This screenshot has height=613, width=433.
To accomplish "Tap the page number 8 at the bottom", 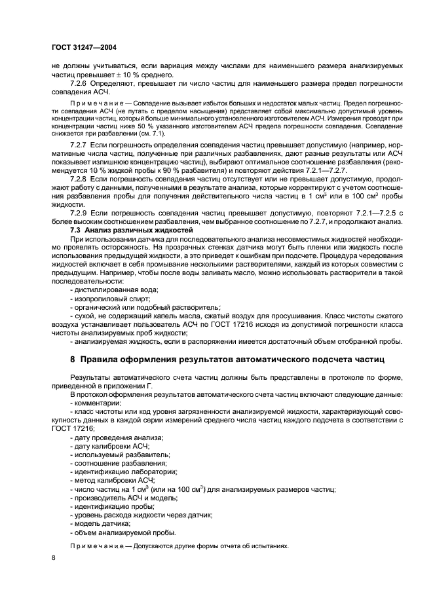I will [x=54, y=557].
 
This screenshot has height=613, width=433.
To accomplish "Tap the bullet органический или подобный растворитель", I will [x=145, y=306].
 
